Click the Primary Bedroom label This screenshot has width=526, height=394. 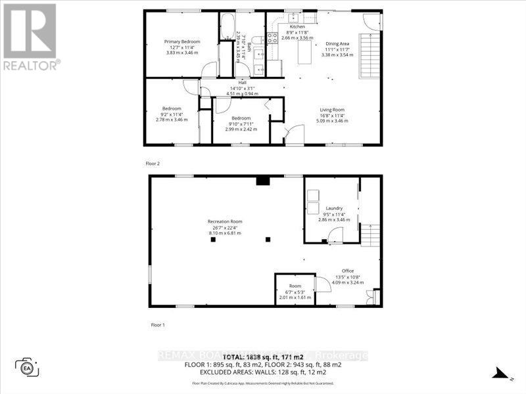coord(181,41)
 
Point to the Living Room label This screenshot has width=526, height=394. coord(332,110)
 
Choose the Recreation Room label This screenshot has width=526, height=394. coord(225,221)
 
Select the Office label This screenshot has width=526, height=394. coord(347,271)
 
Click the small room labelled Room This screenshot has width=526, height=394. coord(294,286)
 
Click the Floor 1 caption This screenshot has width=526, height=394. coord(157,324)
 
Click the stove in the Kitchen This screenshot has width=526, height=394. coord(272,38)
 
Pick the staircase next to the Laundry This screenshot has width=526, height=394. coord(371,234)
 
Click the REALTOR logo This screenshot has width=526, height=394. coord(31,36)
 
